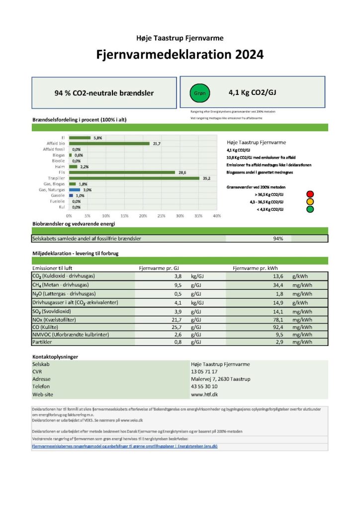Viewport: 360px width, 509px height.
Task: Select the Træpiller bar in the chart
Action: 134,178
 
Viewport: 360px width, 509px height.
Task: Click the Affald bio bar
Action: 109,144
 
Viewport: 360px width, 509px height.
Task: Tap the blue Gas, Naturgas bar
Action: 75,189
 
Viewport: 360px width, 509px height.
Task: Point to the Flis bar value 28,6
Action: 182,172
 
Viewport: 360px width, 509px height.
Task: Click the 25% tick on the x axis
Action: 161,216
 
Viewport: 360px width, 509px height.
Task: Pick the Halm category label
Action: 60,167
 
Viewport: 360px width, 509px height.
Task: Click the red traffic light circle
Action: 310,194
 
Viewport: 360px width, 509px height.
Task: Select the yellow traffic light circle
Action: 310,202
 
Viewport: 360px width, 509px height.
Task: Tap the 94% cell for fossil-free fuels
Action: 278,239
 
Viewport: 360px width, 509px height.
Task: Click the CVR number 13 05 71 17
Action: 204,371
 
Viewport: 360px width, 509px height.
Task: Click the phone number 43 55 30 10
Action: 204,386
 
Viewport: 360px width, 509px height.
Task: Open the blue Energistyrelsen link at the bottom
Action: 124,446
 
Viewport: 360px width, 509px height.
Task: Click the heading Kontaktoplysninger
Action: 55,357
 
